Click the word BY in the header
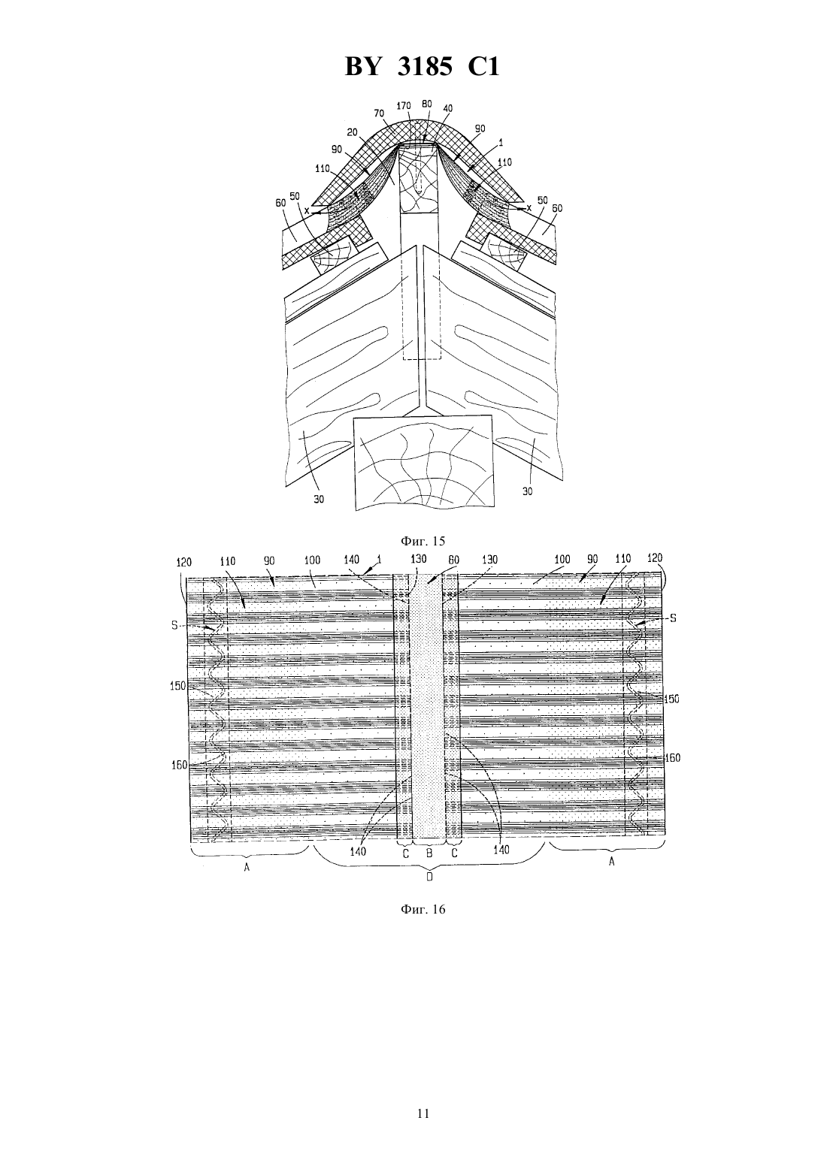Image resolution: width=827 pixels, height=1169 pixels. (x=362, y=67)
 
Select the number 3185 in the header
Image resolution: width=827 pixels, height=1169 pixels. (x=425, y=67)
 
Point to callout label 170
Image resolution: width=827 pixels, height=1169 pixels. (x=404, y=106)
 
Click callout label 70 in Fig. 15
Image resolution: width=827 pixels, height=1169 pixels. (x=379, y=113)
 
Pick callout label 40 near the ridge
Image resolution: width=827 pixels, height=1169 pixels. (x=447, y=108)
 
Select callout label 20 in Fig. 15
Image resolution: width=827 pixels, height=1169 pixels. (x=352, y=132)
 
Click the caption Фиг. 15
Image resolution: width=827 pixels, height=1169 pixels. (x=423, y=541)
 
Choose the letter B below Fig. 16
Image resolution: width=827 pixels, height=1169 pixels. (x=429, y=853)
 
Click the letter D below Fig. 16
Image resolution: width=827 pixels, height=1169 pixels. (x=429, y=878)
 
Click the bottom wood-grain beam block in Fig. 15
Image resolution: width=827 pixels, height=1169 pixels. (x=423, y=462)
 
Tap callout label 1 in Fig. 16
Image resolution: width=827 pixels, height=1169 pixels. (x=379, y=559)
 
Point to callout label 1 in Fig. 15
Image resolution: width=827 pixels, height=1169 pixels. (x=501, y=143)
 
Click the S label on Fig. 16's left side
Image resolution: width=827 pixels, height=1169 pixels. (x=174, y=624)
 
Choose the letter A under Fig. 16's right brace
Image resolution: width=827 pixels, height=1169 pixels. (x=611, y=862)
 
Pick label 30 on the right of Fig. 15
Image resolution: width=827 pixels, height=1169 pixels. (x=528, y=491)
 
